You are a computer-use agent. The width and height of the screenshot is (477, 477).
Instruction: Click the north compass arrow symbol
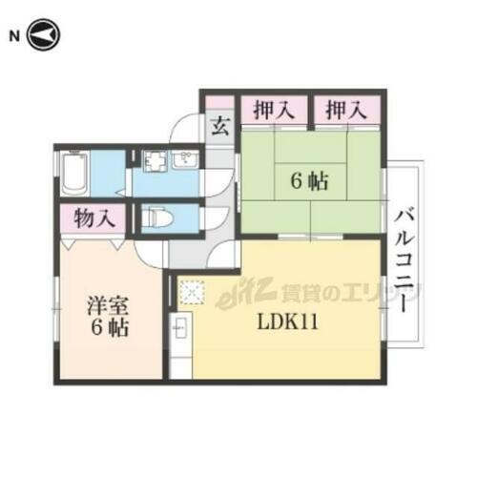coord(44,36)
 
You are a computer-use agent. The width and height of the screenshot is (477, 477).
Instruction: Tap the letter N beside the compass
coord(14,36)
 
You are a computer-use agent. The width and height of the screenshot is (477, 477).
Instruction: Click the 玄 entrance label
coord(219,125)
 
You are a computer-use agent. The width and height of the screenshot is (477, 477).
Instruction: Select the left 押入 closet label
coord(272,111)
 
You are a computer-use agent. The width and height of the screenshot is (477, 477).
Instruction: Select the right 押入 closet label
coord(345,111)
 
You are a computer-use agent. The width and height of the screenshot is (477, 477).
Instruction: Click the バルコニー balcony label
coord(404,259)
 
